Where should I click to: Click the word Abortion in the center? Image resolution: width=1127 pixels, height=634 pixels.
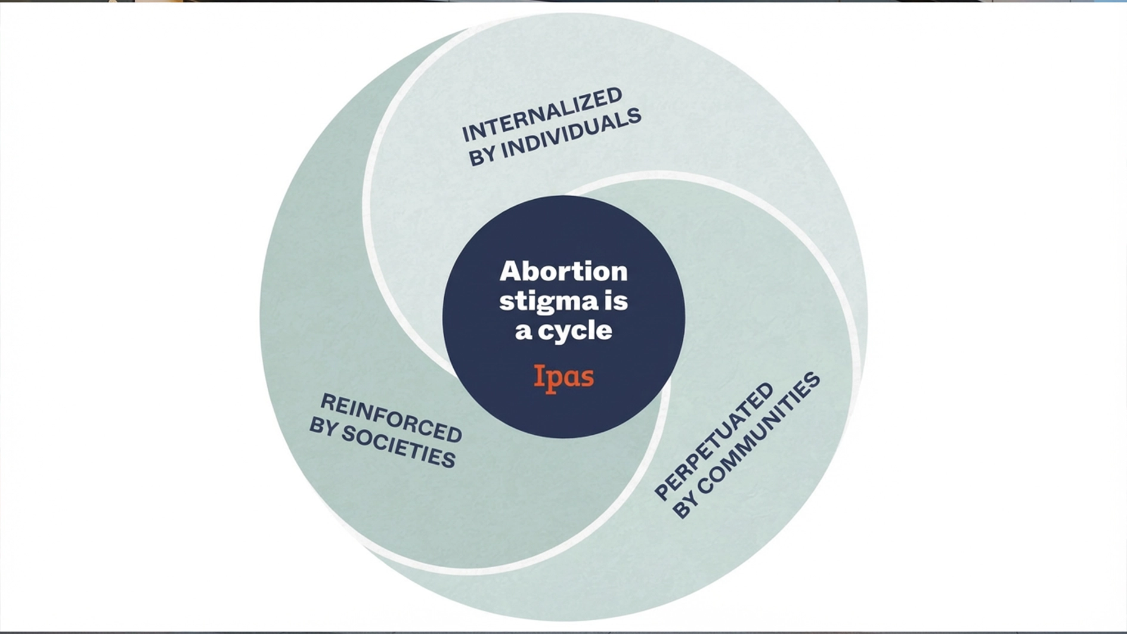563,271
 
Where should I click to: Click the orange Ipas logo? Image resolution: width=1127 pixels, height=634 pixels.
563,378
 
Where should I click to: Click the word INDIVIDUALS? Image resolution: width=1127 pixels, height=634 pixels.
571,136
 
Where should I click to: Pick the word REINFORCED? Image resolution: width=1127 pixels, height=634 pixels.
391,418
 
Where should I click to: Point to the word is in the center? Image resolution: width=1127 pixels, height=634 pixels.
616,301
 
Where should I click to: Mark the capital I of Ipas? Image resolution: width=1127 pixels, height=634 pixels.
538,376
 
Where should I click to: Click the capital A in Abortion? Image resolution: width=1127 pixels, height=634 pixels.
510,271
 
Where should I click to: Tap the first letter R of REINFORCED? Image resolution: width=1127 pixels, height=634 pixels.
327,403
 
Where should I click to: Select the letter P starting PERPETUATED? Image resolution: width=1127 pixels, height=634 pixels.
662,493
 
